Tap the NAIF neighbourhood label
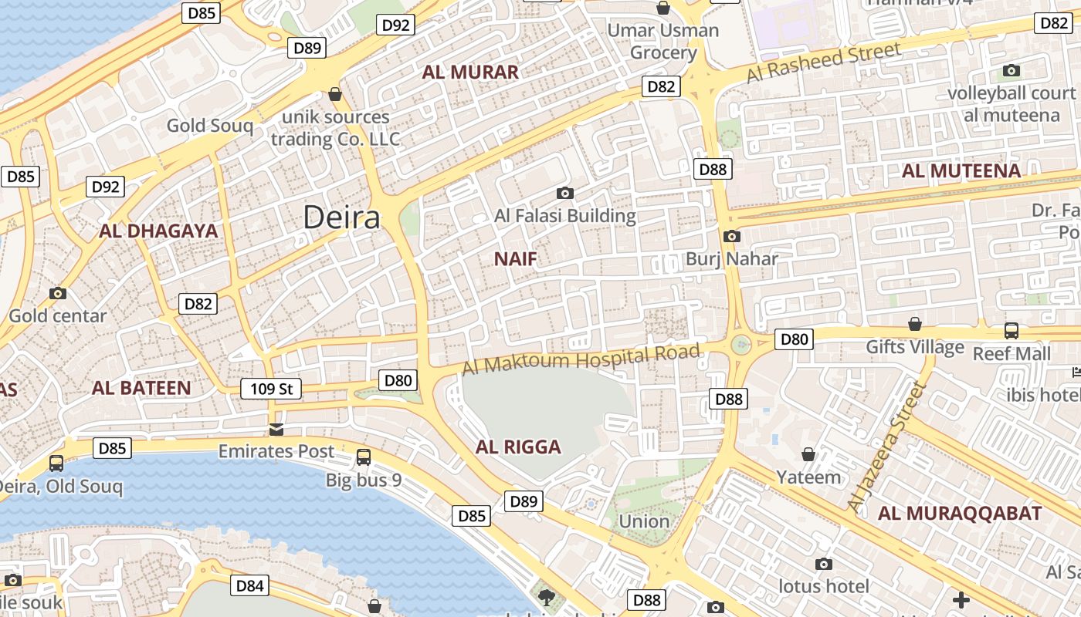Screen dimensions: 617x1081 (x=515, y=259)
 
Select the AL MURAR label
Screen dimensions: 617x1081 (x=470, y=72)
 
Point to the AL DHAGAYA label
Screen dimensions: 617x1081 (x=158, y=231)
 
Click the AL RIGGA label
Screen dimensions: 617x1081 (x=518, y=447)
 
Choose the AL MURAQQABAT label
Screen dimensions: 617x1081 (x=960, y=513)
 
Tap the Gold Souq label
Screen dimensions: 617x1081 (x=210, y=125)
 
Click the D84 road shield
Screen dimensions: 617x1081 (x=250, y=585)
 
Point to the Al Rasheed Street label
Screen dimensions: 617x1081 (x=824, y=63)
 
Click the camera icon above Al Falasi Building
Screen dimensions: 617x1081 (x=565, y=193)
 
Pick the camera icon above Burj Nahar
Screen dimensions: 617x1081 (x=732, y=236)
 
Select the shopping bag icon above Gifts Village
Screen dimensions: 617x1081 (x=915, y=324)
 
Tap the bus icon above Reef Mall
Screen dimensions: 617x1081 (x=1012, y=331)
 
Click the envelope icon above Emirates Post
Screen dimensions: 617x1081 (x=276, y=429)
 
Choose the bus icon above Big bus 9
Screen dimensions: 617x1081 (x=364, y=457)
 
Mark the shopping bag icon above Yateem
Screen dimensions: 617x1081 (x=808, y=454)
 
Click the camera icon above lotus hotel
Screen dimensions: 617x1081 (x=824, y=564)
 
